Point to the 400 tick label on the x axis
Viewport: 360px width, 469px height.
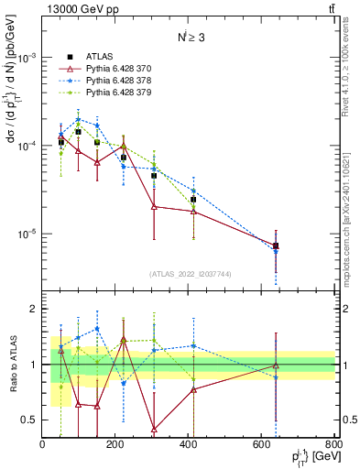(x=188, y=446)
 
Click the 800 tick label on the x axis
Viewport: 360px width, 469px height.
(x=333, y=446)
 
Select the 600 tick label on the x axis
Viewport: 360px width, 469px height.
(x=261, y=446)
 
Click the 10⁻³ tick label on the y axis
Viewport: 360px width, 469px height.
(x=27, y=57)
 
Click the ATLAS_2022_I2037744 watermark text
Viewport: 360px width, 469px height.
(x=190, y=274)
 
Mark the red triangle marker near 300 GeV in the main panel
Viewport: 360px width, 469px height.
(x=154, y=206)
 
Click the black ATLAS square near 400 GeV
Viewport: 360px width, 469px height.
(x=193, y=199)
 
